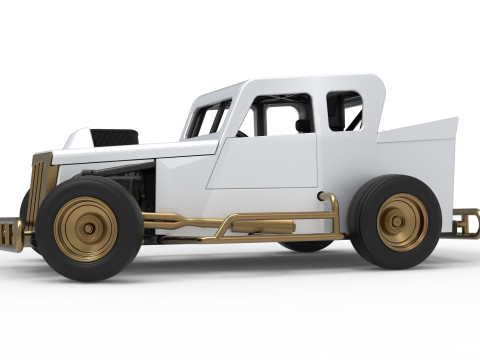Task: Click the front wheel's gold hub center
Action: [x=87, y=229]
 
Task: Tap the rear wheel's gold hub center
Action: [x=402, y=221]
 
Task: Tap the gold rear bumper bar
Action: [x=465, y=221]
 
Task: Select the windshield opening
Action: [x=207, y=120]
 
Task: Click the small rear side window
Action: [x=343, y=110]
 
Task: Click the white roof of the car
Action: [x=300, y=84]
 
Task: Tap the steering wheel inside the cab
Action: [x=240, y=133]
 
